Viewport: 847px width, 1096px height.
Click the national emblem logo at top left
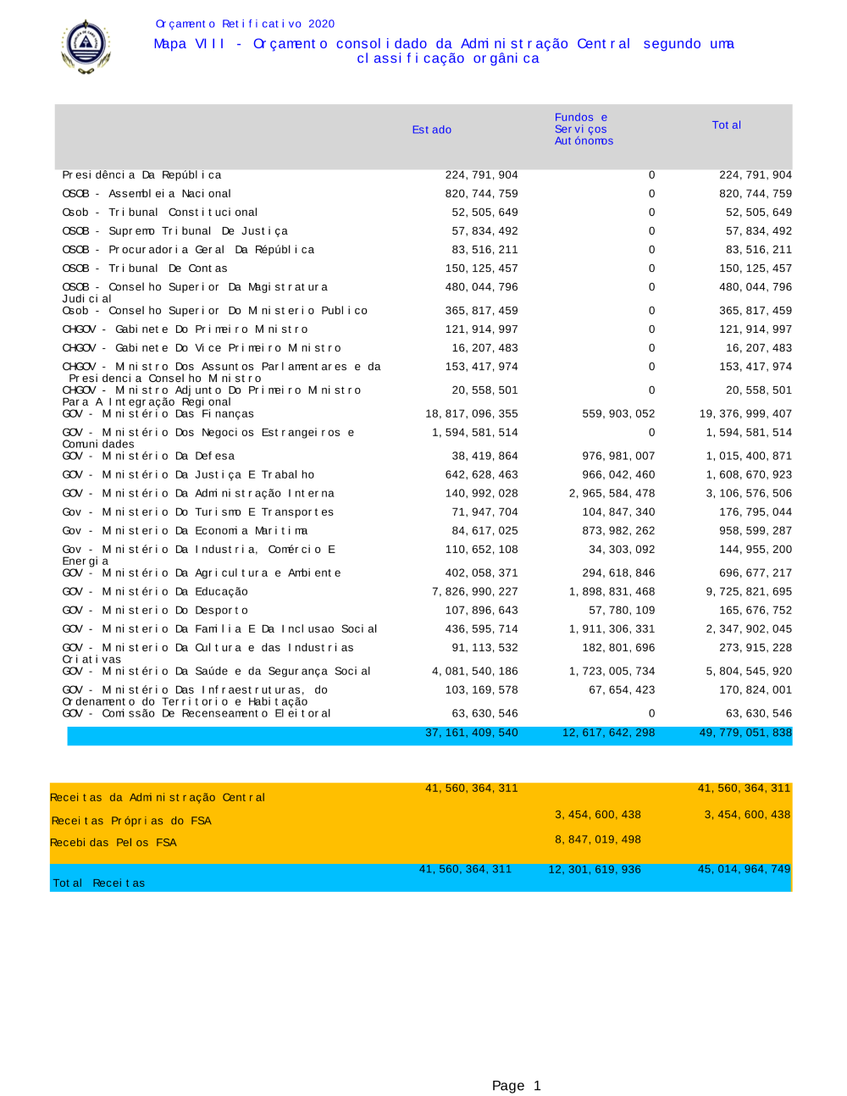[x=86, y=47]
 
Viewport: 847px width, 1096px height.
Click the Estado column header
[x=431, y=130]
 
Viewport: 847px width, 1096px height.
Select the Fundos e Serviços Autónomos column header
[x=584, y=129]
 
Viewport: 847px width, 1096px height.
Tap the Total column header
[x=726, y=125]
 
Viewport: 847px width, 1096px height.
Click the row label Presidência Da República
[x=141, y=175]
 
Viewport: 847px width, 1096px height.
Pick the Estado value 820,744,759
[x=481, y=194]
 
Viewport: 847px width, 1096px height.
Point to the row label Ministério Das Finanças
[x=158, y=414]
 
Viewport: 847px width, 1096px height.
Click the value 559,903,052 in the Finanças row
[x=618, y=414]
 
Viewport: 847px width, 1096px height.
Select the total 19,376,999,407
[x=745, y=414]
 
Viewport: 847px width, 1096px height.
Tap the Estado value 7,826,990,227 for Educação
[x=474, y=592]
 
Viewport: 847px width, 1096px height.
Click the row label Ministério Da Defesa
[x=148, y=457]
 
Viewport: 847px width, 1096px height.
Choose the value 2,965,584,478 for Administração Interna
[x=612, y=494]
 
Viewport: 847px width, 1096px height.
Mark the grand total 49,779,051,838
[x=745, y=733]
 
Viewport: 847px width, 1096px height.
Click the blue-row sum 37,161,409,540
[x=471, y=733]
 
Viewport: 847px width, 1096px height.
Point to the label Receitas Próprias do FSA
[x=131, y=821]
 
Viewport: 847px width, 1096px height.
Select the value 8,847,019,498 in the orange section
[x=598, y=840]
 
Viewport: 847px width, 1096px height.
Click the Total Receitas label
[x=98, y=883]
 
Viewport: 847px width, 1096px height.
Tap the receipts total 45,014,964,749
[x=744, y=870]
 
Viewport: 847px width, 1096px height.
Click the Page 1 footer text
[x=516, y=1086]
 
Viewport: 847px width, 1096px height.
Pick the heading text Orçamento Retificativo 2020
[x=245, y=24]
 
